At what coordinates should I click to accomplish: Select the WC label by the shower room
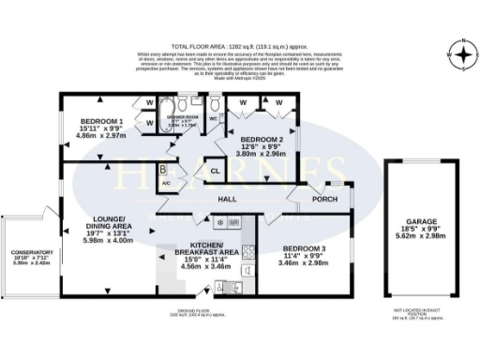pos(213,118)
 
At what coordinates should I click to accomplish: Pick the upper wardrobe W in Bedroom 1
pos(148,102)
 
